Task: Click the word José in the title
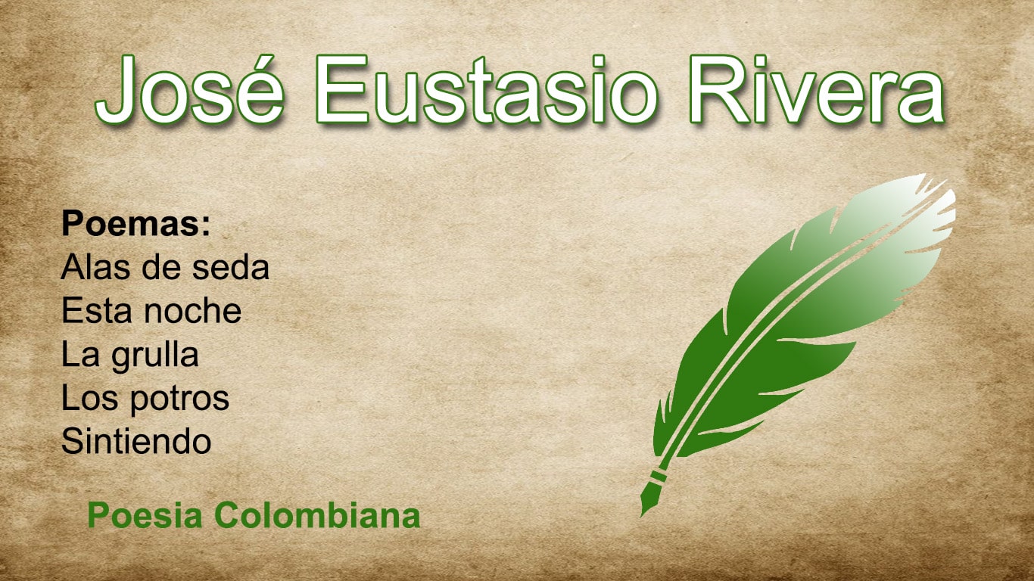click(189, 89)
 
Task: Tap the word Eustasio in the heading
click(486, 89)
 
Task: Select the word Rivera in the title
click(816, 89)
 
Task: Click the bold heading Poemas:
click(135, 224)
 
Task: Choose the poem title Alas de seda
click(165, 267)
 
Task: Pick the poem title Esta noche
click(151, 311)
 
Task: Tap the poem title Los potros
click(145, 399)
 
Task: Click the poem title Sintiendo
click(136, 441)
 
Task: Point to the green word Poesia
click(145, 515)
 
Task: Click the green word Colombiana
click(318, 515)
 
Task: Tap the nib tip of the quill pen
click(642, 515)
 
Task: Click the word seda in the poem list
click(230, 267)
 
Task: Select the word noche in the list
click(192, 311)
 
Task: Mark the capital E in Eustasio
click(341, 89)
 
